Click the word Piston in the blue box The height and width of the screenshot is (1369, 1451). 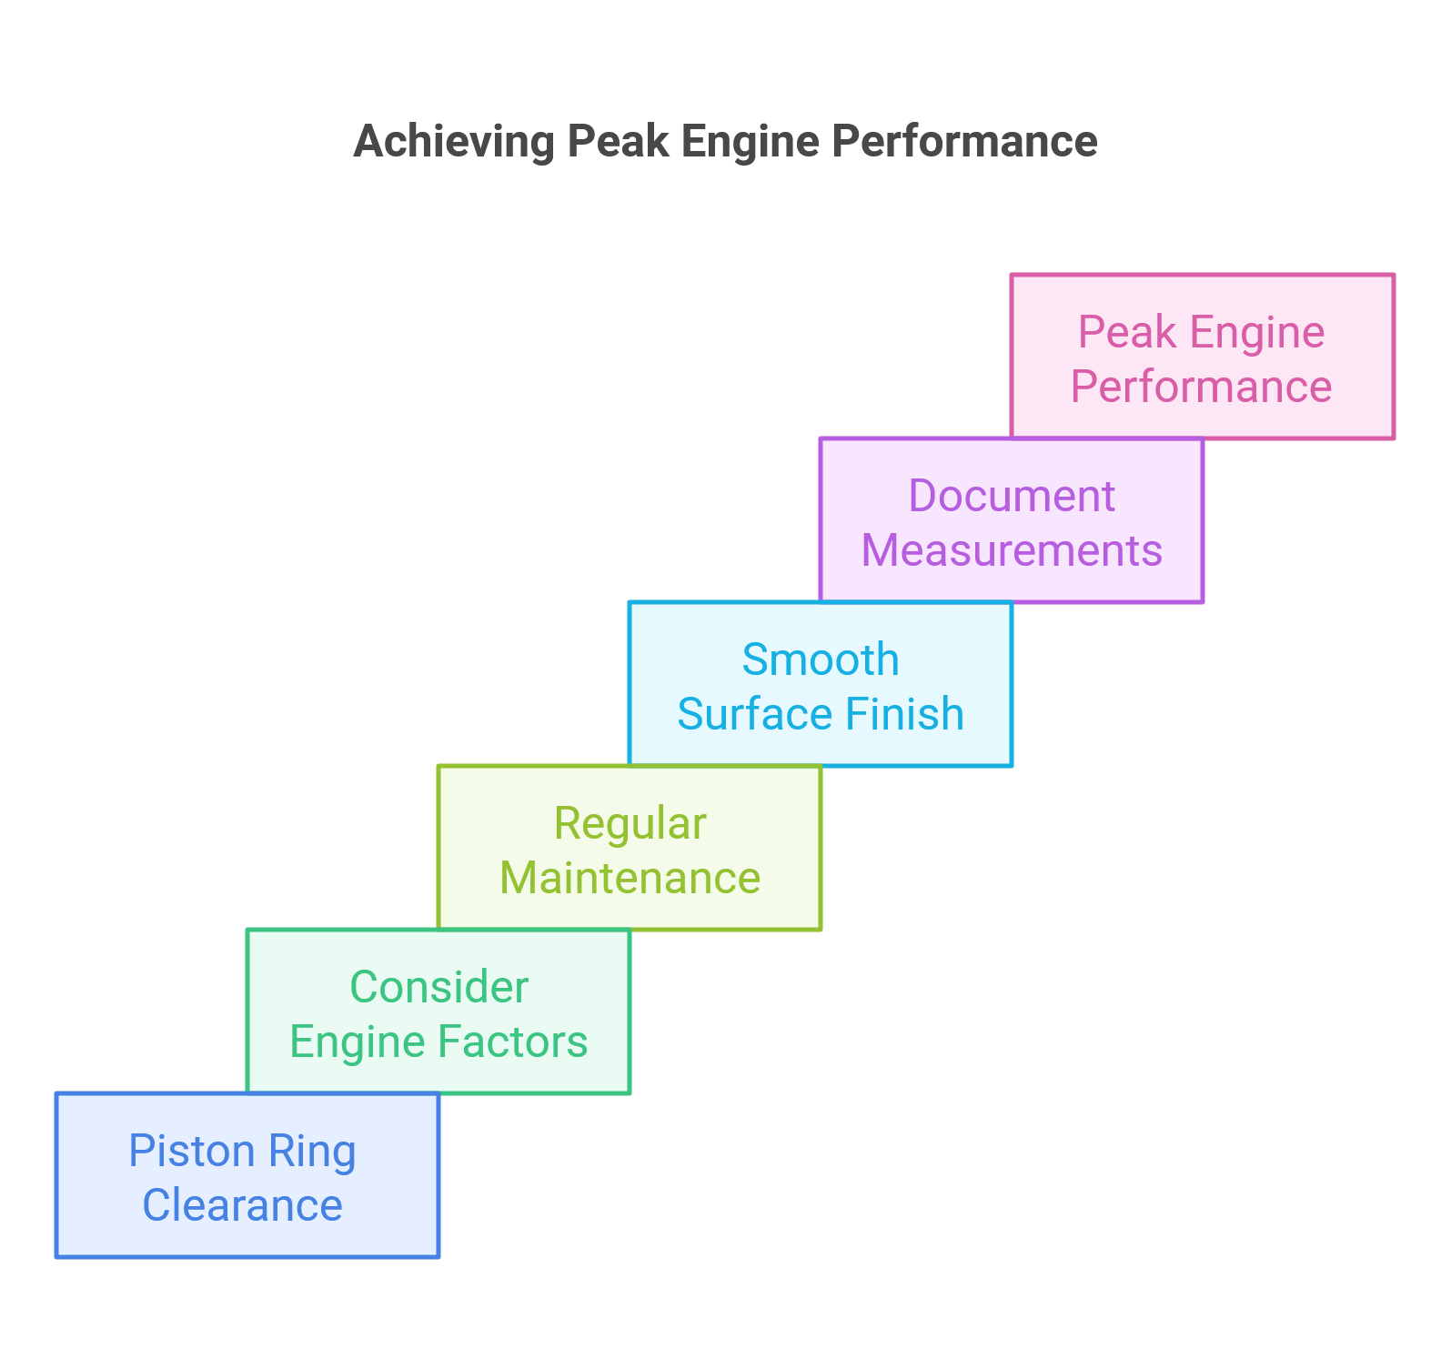[x=177, y=1152]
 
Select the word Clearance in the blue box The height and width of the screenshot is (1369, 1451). [x=243, y=1206]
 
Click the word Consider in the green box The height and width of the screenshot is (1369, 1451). [x=439, y=988]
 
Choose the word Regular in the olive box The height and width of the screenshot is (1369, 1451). [x=630, y=824]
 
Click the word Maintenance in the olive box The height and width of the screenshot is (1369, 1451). [x=630, y=879]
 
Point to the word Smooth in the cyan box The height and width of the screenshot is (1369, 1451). [x=821, y=660]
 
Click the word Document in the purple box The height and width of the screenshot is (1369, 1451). [x=1012, y=497]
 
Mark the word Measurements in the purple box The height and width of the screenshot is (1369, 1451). [x=1012, y=551]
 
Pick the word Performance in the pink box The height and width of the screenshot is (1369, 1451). [x=1202, y=388]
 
